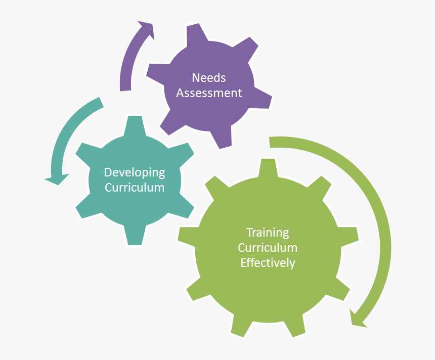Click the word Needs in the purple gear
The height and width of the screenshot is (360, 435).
coord(209,78)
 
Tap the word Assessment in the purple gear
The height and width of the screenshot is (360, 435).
coord(209,93)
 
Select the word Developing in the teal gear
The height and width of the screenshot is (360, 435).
coord(135,172)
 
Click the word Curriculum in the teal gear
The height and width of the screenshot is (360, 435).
coord(135,188)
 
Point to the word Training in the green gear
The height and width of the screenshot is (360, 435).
coord(268,233)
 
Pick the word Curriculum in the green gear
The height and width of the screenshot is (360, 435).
coord(268,248)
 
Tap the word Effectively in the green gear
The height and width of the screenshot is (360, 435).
coord(268,263)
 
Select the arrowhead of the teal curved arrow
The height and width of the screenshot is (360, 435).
coord(57,178)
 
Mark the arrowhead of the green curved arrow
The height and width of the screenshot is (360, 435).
coord(358,319)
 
